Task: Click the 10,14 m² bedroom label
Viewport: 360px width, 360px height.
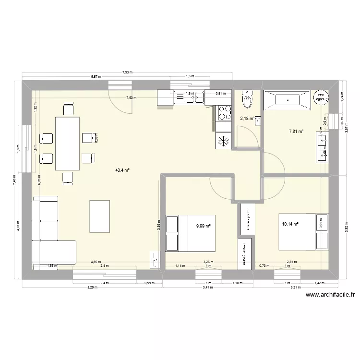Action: [x=290, y=224]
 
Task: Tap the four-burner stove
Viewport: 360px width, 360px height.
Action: [x=223, y=113]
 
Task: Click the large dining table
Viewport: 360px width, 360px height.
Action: [x=67, y=143]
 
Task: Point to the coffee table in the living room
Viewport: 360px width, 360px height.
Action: [x=99, y=216]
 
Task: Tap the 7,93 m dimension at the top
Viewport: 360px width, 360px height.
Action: [x=128, y=72]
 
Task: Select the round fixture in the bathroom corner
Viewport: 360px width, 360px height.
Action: [x=321, y=97]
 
